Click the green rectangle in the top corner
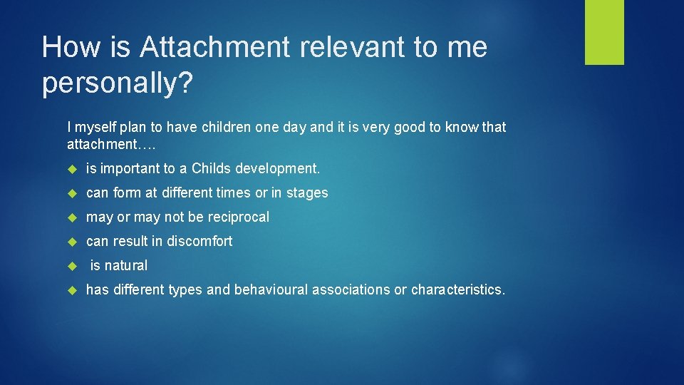(x=604, y=32)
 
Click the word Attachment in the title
(x=214, y=47)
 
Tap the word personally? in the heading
(x=117, y=83)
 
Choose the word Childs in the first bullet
(x=211, y=169)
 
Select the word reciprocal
(x=239, y=217)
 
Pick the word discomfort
(x=199, y=242)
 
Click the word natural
(x=126, y=266)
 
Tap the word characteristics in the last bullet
(x=457, y=290)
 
